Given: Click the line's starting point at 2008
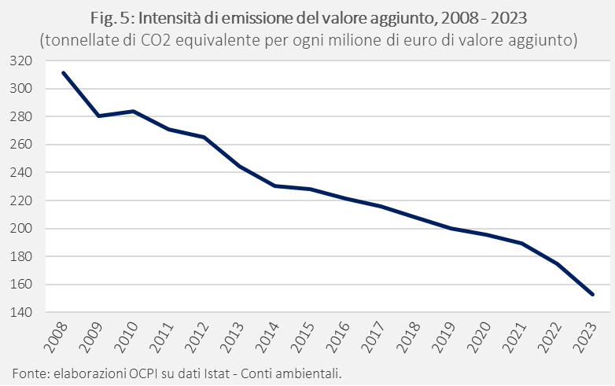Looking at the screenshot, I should click(x=63, y=73).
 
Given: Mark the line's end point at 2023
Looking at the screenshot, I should click(x=593, y=295).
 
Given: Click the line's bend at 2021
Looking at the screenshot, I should click(x=522, y=243).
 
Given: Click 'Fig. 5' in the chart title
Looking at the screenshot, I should click(x=157, y=17).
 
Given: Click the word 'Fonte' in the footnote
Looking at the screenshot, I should click(x=28, y=372).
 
